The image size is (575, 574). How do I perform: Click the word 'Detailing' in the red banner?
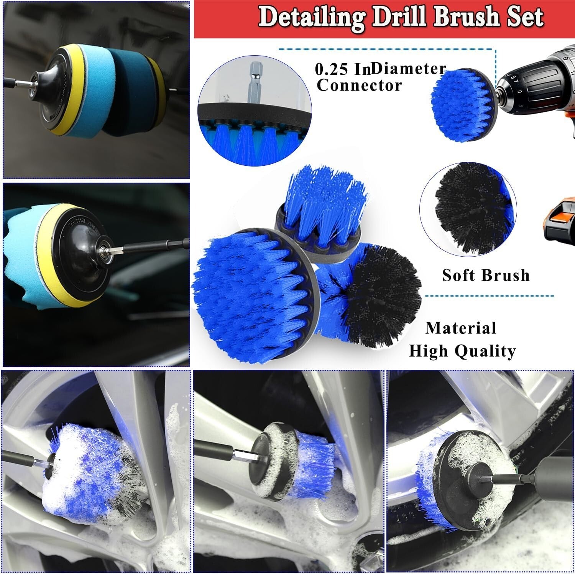click(x=311, y=17)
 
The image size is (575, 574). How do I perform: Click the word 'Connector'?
click(x=359, y=85)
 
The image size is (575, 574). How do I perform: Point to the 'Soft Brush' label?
click(x=486, y=275)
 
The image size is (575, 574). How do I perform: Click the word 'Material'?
click(x=461, y=328)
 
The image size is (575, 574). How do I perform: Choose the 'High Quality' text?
click(x=462, y=351)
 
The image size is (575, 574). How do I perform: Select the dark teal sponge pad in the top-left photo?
click(x=127, y=92)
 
